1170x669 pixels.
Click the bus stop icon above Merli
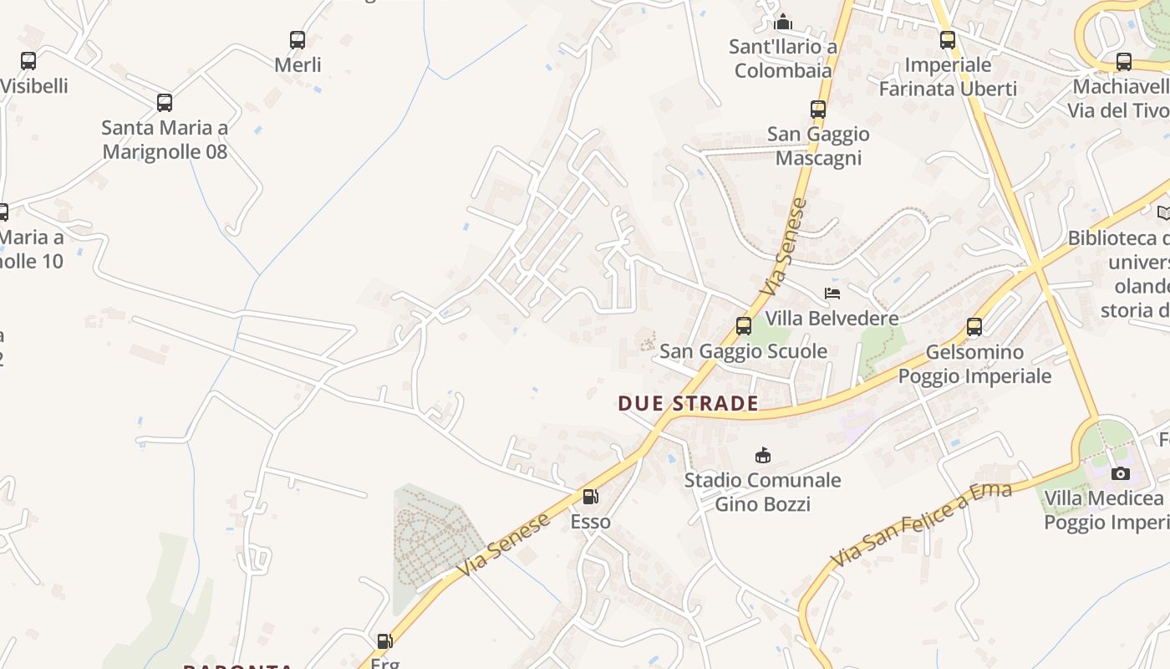point(297,39)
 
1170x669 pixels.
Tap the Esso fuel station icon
point(590,497)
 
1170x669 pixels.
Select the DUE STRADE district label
point(688,403)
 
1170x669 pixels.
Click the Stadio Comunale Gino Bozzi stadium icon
point(762,455)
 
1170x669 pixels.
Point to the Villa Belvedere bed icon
point(832,293)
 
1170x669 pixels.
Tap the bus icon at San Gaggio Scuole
point(743,326)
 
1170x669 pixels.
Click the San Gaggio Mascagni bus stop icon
point(817,109)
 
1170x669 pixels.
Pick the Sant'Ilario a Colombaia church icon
point(783,21)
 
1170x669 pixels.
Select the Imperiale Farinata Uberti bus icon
point(947,39)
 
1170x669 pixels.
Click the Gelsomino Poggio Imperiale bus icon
point(974,327)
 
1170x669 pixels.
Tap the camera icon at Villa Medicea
point(1120,474)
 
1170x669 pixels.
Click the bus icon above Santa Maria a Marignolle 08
point(165,103)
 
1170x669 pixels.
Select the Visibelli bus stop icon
point(28,61)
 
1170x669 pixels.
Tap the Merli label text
point(298,64)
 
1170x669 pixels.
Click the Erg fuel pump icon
point(384,641)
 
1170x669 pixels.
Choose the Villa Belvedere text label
point(832,318)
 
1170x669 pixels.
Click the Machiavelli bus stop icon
point(1124,62)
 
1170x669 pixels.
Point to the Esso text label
point(590,522)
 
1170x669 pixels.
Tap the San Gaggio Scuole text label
point(743,351)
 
